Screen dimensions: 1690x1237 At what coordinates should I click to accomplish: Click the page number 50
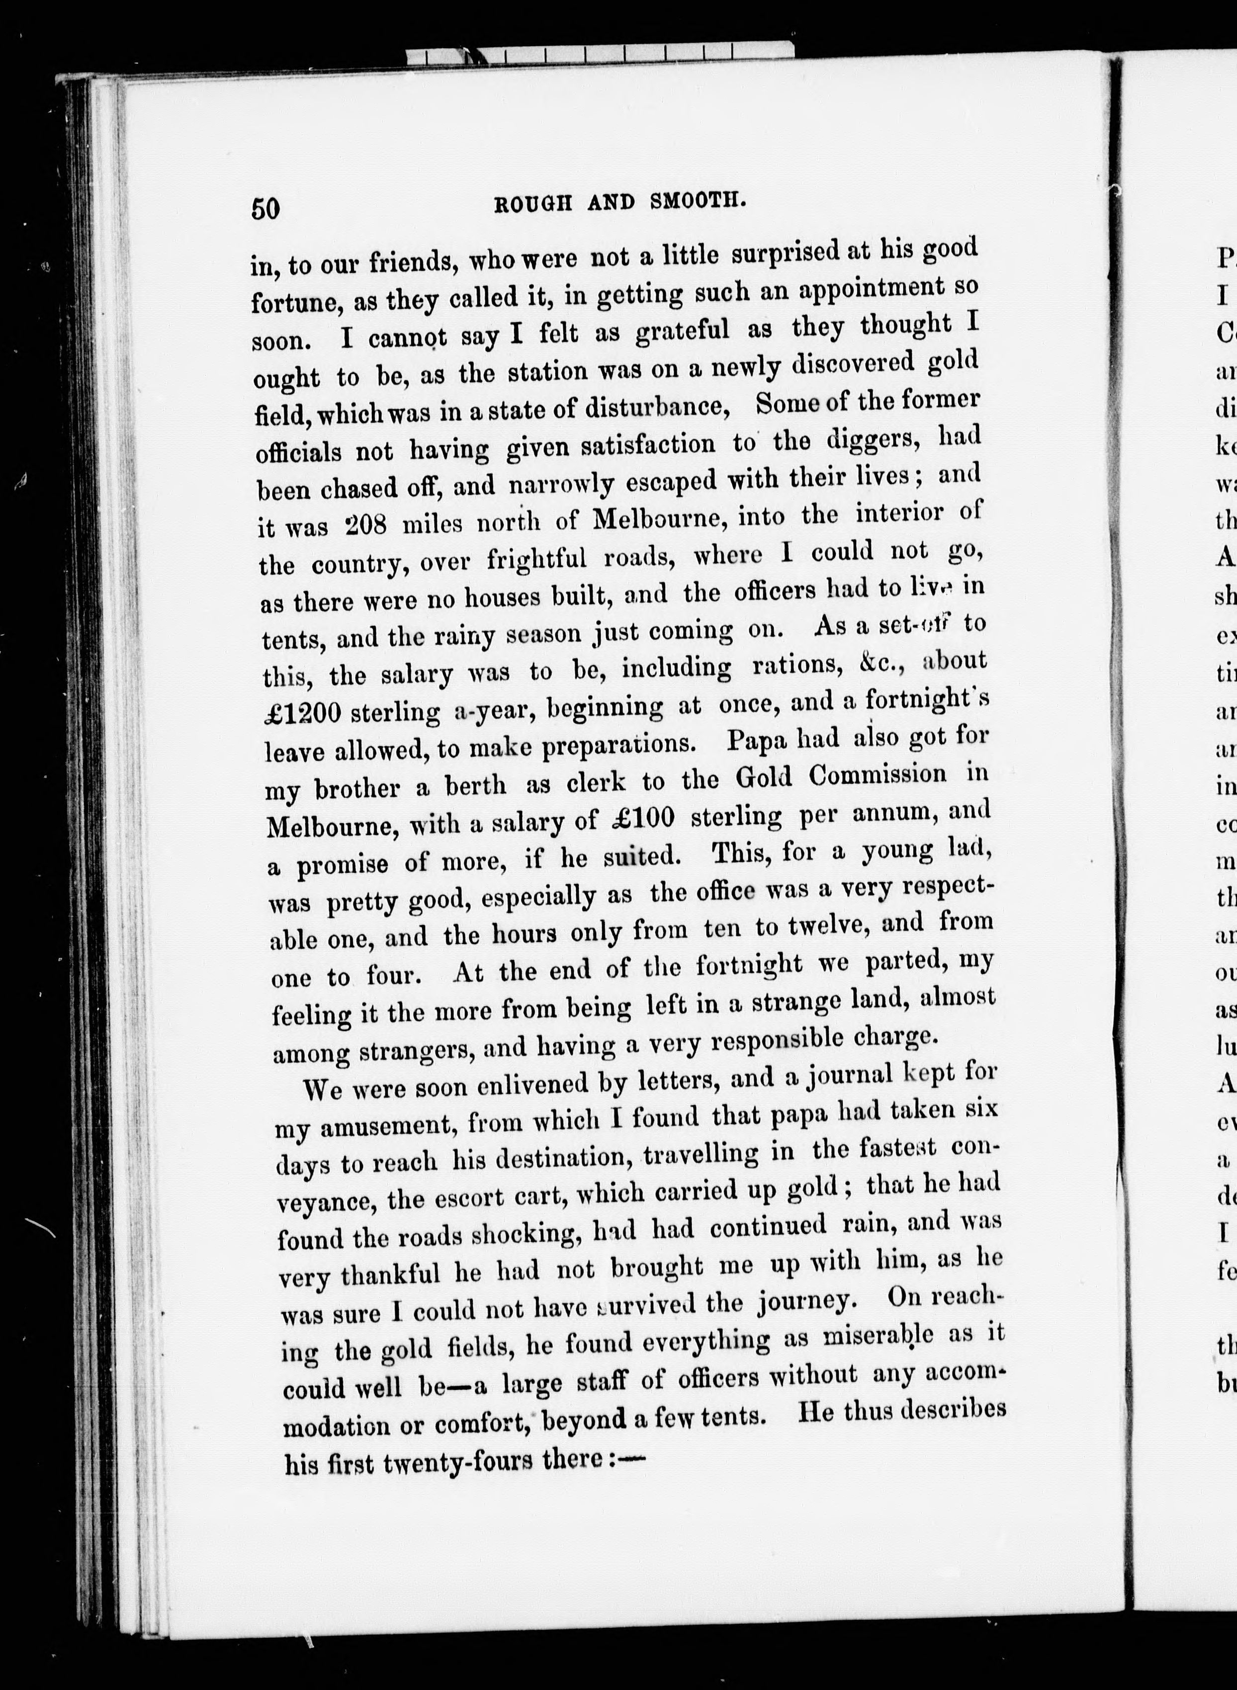tap(266, 208)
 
